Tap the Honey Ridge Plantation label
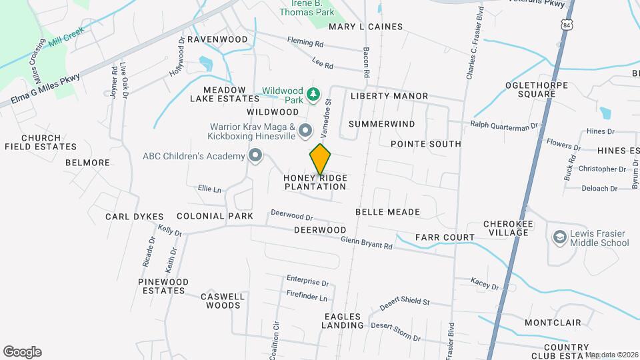pos(315,182)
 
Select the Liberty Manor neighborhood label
pos(389,96)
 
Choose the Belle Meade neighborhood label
pos(387,212)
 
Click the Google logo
pos(22,352)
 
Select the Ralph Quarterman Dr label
pos(504,125)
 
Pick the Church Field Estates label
pos(41,142)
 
